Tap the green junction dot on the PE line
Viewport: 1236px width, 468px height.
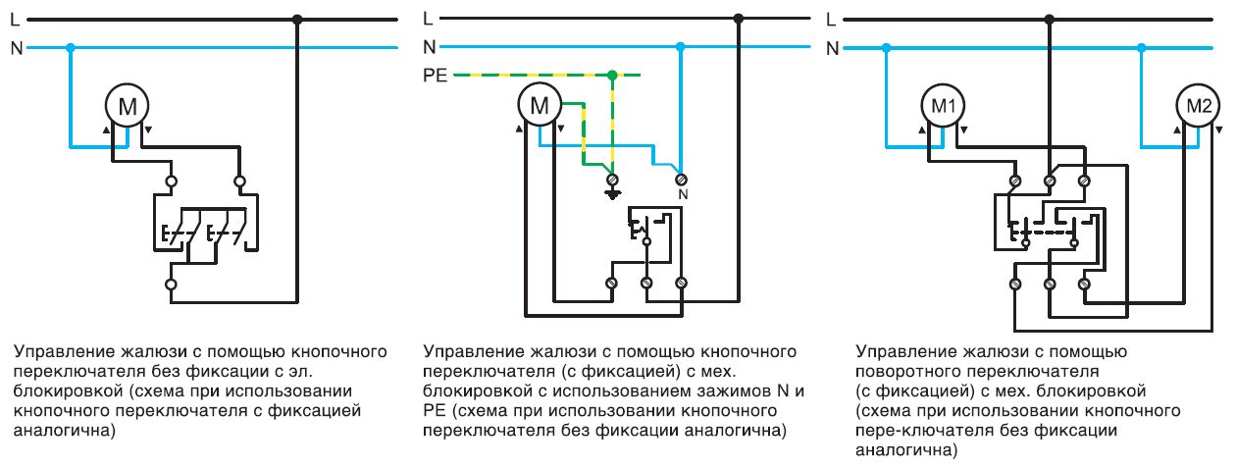tap(612, 75)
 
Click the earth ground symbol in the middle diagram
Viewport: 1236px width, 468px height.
tap(612, 193)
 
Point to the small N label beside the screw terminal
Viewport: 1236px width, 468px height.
tap(681, 194)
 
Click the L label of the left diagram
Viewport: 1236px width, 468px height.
tap(16, 18)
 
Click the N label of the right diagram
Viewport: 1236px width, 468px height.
tap(833, 46)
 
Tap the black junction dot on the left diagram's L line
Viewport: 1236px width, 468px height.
tap(297, 18)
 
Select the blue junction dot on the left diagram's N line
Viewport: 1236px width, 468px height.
tap(70, 46)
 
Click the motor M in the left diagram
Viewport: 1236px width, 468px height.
tap(128, 106)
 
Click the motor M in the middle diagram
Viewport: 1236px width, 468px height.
tap(538, 106)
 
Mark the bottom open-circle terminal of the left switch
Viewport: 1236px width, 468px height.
tap(171, 285)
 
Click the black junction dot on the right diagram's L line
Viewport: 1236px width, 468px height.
tap(1049, 18)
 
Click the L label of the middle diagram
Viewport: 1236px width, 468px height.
tap(428, 18)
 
